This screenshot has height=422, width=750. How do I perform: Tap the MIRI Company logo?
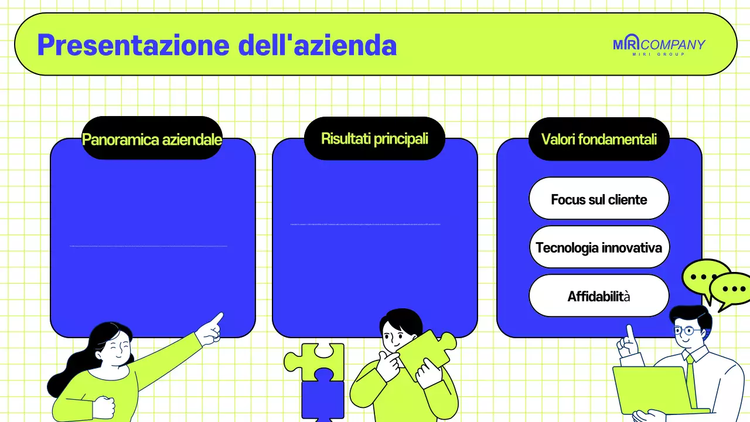point(659,46)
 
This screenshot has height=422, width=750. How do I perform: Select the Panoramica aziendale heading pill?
point(152,139)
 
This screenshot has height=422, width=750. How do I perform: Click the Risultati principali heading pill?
point(374,139)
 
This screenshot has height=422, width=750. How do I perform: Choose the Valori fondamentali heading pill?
point(599,139)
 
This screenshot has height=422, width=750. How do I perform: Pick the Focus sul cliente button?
point(599,199)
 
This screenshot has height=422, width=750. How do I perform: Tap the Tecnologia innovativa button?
point(599,247)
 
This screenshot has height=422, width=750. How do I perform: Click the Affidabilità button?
point(599,296)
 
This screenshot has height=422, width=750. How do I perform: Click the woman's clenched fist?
point(104,406)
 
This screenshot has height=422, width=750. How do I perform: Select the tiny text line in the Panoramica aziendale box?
point(148,246)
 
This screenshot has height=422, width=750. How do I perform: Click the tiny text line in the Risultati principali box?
point(365,224)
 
